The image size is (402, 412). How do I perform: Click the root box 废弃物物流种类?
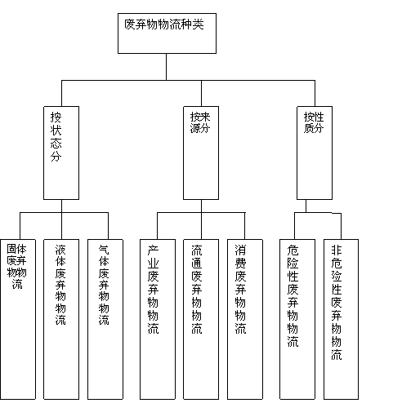tap(167, 33)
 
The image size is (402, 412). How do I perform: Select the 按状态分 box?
tap(61, 153)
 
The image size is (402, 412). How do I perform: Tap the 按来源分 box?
tap(201, 153)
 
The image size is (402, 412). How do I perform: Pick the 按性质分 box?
tap(315, 153)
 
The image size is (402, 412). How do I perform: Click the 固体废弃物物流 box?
tap(18, 319)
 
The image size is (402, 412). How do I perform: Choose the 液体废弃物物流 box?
tap(61, 319)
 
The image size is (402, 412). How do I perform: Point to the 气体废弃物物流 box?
tap(105, 319)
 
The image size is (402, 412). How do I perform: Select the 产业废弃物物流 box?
tap(158, 319)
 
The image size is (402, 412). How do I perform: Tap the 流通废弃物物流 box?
tap(201, 319)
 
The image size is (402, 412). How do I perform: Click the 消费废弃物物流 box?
tap(245, 319)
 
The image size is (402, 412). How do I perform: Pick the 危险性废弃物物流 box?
tap(297, 319)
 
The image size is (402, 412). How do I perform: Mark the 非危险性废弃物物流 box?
tap(341, 319)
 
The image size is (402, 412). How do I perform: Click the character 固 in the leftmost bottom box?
tap(11, 249)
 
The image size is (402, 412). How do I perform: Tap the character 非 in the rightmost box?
tap(337, 250)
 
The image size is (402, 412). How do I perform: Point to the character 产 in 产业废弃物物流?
tap(153, 250)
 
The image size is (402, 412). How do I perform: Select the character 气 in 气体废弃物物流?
tap(104, 250)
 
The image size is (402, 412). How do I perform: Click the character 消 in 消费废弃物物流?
tap(240, 250)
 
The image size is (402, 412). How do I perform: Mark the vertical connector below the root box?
tap(167, 67)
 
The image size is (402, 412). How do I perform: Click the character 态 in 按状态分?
tap(56, 144)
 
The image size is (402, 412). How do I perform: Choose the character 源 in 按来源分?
tap(195, 128)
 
